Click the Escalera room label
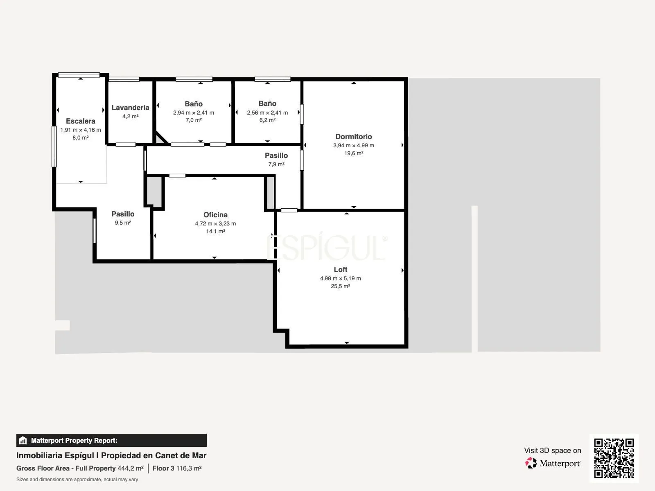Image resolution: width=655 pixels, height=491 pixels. click(x=81, y=121)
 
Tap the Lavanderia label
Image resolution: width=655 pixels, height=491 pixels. click(x=131, y=108)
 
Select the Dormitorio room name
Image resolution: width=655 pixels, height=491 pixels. click(x=354, y=137)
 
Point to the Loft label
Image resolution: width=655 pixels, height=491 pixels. click(x=341, y=270)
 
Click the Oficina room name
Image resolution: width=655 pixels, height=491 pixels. click(x=215, y=215)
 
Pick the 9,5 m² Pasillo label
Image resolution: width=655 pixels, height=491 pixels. click(x=123, y=214)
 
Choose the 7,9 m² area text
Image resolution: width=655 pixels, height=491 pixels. click(x=276, y=164)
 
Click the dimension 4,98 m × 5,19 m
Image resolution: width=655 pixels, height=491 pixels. click(x=341, y=279)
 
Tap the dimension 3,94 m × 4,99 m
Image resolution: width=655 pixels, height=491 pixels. click(x=354, y=146)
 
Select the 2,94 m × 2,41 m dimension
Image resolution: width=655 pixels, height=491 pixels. click(x=194, y=113)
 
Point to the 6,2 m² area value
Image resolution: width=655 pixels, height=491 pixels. click(x=267, y=120)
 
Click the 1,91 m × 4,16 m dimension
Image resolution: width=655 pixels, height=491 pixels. click(x=81, y=130)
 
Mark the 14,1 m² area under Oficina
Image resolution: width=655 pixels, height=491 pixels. click(x=215, y=231)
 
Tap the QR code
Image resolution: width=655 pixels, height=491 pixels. click(x=614, y=458)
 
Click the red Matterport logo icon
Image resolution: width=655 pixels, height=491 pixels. click(x=531, y=463)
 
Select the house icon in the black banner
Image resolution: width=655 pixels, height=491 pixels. click(x=23, y=440)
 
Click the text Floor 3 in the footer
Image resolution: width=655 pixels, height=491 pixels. click(x=163, y=468)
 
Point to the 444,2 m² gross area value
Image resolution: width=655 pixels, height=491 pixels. click(x=131, y=468)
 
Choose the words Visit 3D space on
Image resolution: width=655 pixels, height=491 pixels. click(x=553, y=450)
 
